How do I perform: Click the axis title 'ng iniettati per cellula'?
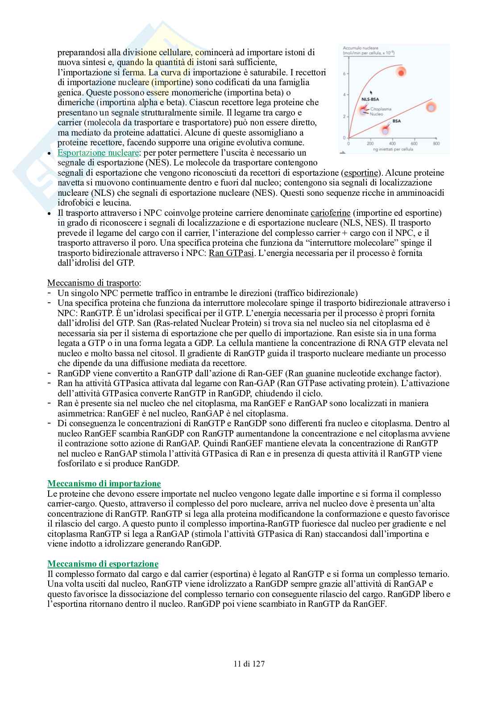[x=393, y=149]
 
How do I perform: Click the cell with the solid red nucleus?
[x=402, y=72]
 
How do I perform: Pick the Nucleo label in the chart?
[x=377, y=114]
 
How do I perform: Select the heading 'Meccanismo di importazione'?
[x=104, y=484]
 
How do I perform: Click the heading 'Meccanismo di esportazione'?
[x=103, y=564]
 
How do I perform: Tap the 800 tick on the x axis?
[x=436, y=144]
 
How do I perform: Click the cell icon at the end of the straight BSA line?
[x=431, y=107]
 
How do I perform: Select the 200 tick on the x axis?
[x=370, y=144]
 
